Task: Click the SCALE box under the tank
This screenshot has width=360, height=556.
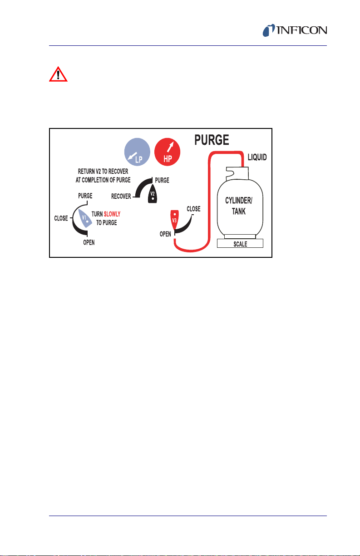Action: (241, 244)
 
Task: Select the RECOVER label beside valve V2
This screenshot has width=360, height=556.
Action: (121, 196)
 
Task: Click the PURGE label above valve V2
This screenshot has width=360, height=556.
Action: (162, 180)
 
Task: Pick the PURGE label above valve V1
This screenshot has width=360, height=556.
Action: (85, 196)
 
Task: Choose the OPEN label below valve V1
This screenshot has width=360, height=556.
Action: (89, 243)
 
